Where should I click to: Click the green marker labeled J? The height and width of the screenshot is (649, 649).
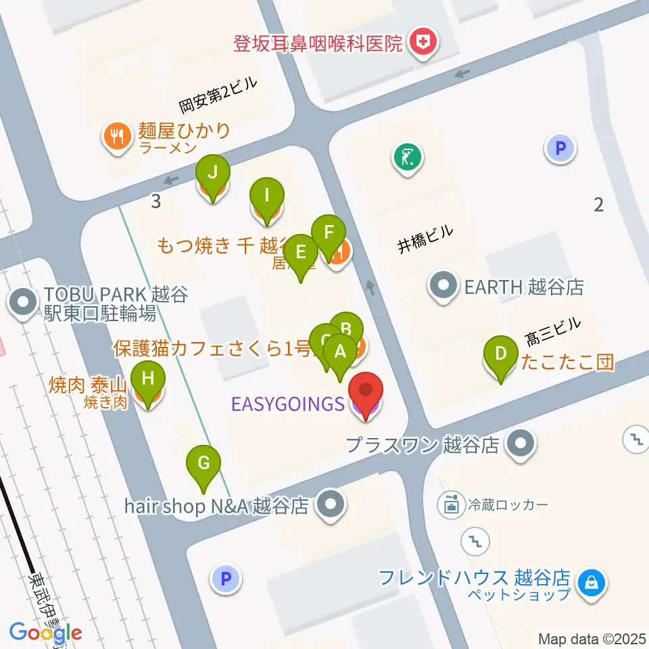[213, 173]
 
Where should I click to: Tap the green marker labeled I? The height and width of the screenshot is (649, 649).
[267, 197]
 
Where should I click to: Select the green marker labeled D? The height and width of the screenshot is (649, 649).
[501, 354]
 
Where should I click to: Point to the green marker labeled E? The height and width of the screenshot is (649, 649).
[301, 254]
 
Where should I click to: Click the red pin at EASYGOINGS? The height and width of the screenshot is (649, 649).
[366, 392]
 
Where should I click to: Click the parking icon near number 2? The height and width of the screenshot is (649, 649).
[560, 147]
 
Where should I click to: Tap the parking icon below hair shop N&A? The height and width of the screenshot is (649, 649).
[226, 579]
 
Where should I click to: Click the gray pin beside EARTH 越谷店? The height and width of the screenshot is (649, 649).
[443, 287]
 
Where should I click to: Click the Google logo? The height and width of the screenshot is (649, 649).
[45, 633]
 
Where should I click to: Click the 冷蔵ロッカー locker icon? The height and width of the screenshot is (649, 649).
[450, 504]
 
